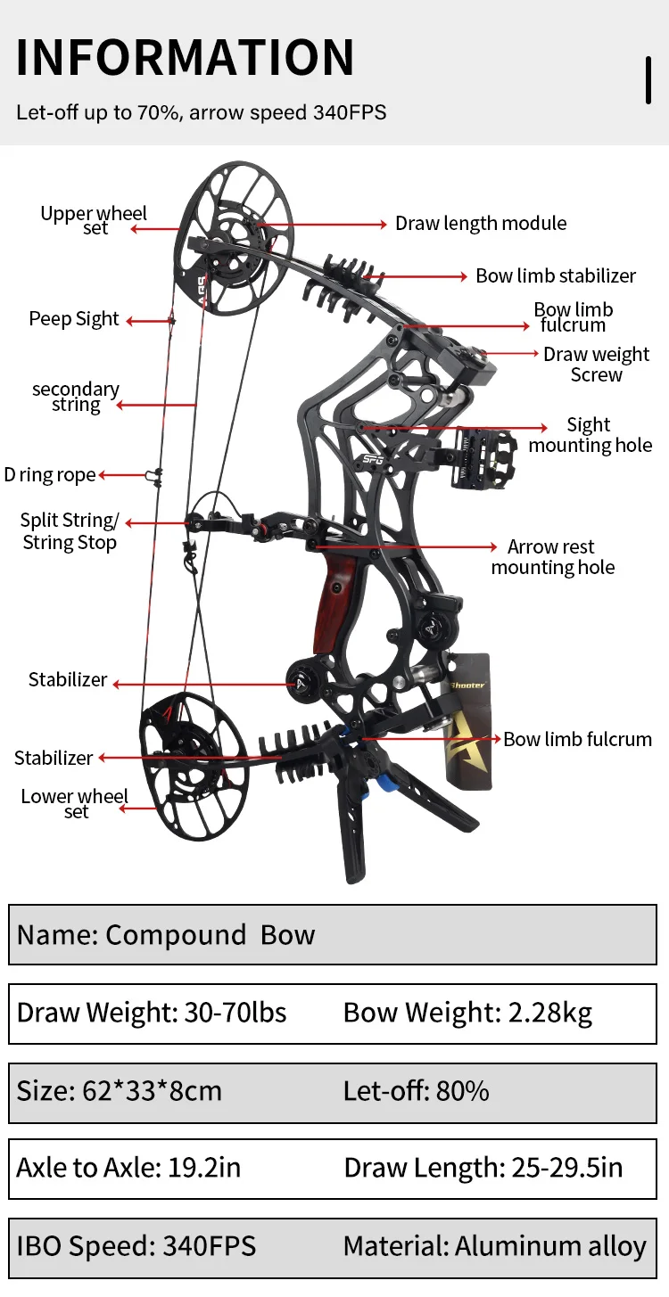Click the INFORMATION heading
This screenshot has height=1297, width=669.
click(185, 58)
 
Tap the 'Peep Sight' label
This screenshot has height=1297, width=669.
click(74, 319)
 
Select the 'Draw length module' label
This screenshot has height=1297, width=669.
click(481, 224)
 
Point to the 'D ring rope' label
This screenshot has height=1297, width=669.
click(50, 475)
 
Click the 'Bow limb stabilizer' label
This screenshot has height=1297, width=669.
click(556, 276)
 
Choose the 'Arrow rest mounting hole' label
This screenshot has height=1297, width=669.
click(552, 557)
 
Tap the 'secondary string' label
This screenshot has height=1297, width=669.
click(76, 397)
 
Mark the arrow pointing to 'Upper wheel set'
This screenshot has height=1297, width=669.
click(156, 229)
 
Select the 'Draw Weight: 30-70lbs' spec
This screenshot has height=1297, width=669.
click(152, 1013)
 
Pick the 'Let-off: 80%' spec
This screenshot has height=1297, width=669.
click(416, 1090)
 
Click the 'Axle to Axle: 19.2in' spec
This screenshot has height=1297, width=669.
click(128, 1168)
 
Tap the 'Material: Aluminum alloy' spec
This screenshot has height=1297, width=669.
click(494, 1246)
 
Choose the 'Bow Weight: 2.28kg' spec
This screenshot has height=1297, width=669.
click(467, 1013)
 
